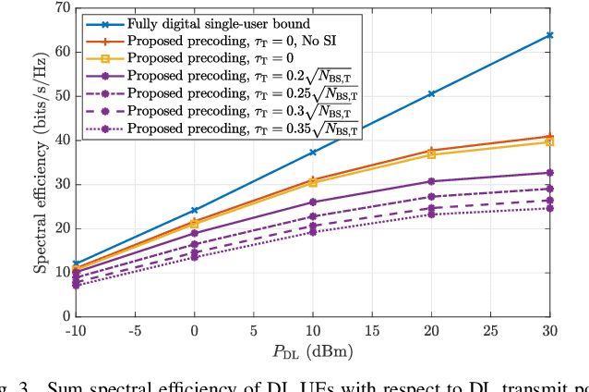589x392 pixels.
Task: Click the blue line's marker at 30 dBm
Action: point(550,35)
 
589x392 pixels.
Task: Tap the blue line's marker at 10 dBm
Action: point(313,152)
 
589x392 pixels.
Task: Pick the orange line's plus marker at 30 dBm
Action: point(550,136)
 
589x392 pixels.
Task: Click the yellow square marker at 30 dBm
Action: point(550,141)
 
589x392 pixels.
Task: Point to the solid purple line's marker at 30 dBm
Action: point(550,173)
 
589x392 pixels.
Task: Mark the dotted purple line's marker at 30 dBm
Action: point(550,208)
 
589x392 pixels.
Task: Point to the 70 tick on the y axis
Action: point(63,7)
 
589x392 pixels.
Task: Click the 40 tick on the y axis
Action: point(63,140)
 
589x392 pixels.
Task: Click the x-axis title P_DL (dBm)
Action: point(313,350)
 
